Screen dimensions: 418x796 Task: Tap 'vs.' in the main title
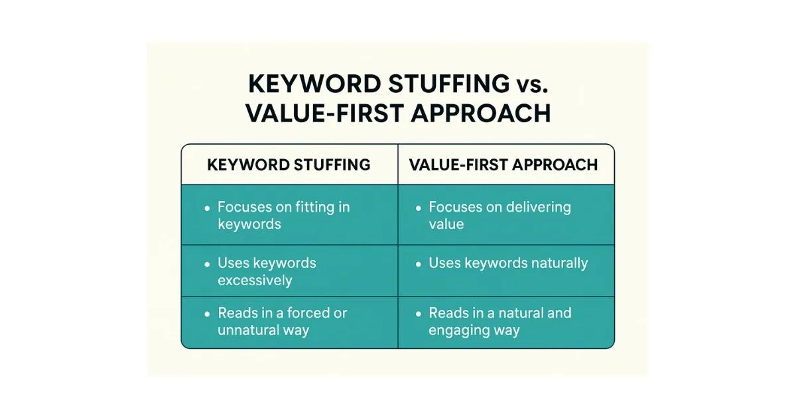(x=531, y=84)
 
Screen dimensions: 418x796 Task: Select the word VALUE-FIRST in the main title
(x=324, y=113)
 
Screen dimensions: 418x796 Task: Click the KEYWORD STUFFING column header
(x=289, y=165)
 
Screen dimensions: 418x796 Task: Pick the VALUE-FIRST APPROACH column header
(x=503, y=165)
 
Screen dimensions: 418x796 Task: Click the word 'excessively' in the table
(x=255, y=280)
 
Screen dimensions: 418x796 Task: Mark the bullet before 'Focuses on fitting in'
(x=207, y=208)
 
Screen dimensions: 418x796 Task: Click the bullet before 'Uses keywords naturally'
(x=418, y=264)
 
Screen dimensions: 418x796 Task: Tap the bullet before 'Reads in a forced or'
(x=207, y=314)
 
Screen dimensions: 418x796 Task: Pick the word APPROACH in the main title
(x=480, y=113)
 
